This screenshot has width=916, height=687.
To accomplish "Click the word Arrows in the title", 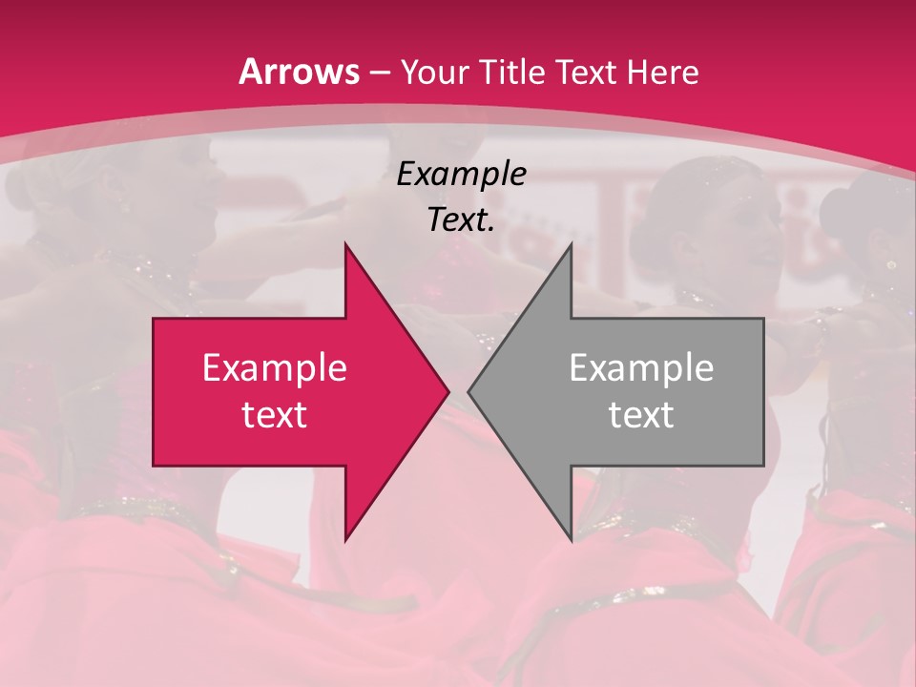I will [300, 72].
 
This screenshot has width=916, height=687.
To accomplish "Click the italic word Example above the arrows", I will [461, 174].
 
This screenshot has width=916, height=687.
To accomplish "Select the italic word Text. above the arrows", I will [461, 220].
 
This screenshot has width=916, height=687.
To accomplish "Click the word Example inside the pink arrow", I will [274, 368].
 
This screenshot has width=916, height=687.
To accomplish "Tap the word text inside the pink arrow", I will [274, 415].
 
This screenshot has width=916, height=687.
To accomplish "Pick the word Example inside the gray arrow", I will [641, 368].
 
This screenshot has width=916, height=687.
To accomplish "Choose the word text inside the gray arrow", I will [641, 415].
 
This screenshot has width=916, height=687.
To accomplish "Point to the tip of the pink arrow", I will [448, 391].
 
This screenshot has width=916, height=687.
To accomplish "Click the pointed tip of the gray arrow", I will [469, 391].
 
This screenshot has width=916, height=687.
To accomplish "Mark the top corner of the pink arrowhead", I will [345, 244].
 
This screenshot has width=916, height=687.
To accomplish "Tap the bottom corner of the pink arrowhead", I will [345, 540].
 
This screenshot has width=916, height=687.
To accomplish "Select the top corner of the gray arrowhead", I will [572, 244].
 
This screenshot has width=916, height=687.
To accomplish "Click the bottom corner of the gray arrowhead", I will [572, 540].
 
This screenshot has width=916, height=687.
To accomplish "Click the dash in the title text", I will [379, 73].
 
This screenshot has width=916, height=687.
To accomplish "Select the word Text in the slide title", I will [587, 73].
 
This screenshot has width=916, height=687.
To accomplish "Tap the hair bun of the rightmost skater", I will [843, 205].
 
